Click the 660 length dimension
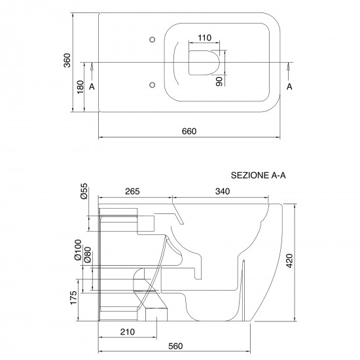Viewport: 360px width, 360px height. (x=189, y=131)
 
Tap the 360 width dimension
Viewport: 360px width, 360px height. (x=66, y=61)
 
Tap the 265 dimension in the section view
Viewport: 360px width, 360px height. (x=134, y=191)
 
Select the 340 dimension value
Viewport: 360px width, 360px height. (x=222, y=191)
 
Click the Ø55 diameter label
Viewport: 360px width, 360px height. (x=84, y=191)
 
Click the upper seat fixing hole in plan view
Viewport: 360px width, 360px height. (x=152, y=40)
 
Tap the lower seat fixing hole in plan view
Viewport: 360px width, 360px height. (x=152, y=84)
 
